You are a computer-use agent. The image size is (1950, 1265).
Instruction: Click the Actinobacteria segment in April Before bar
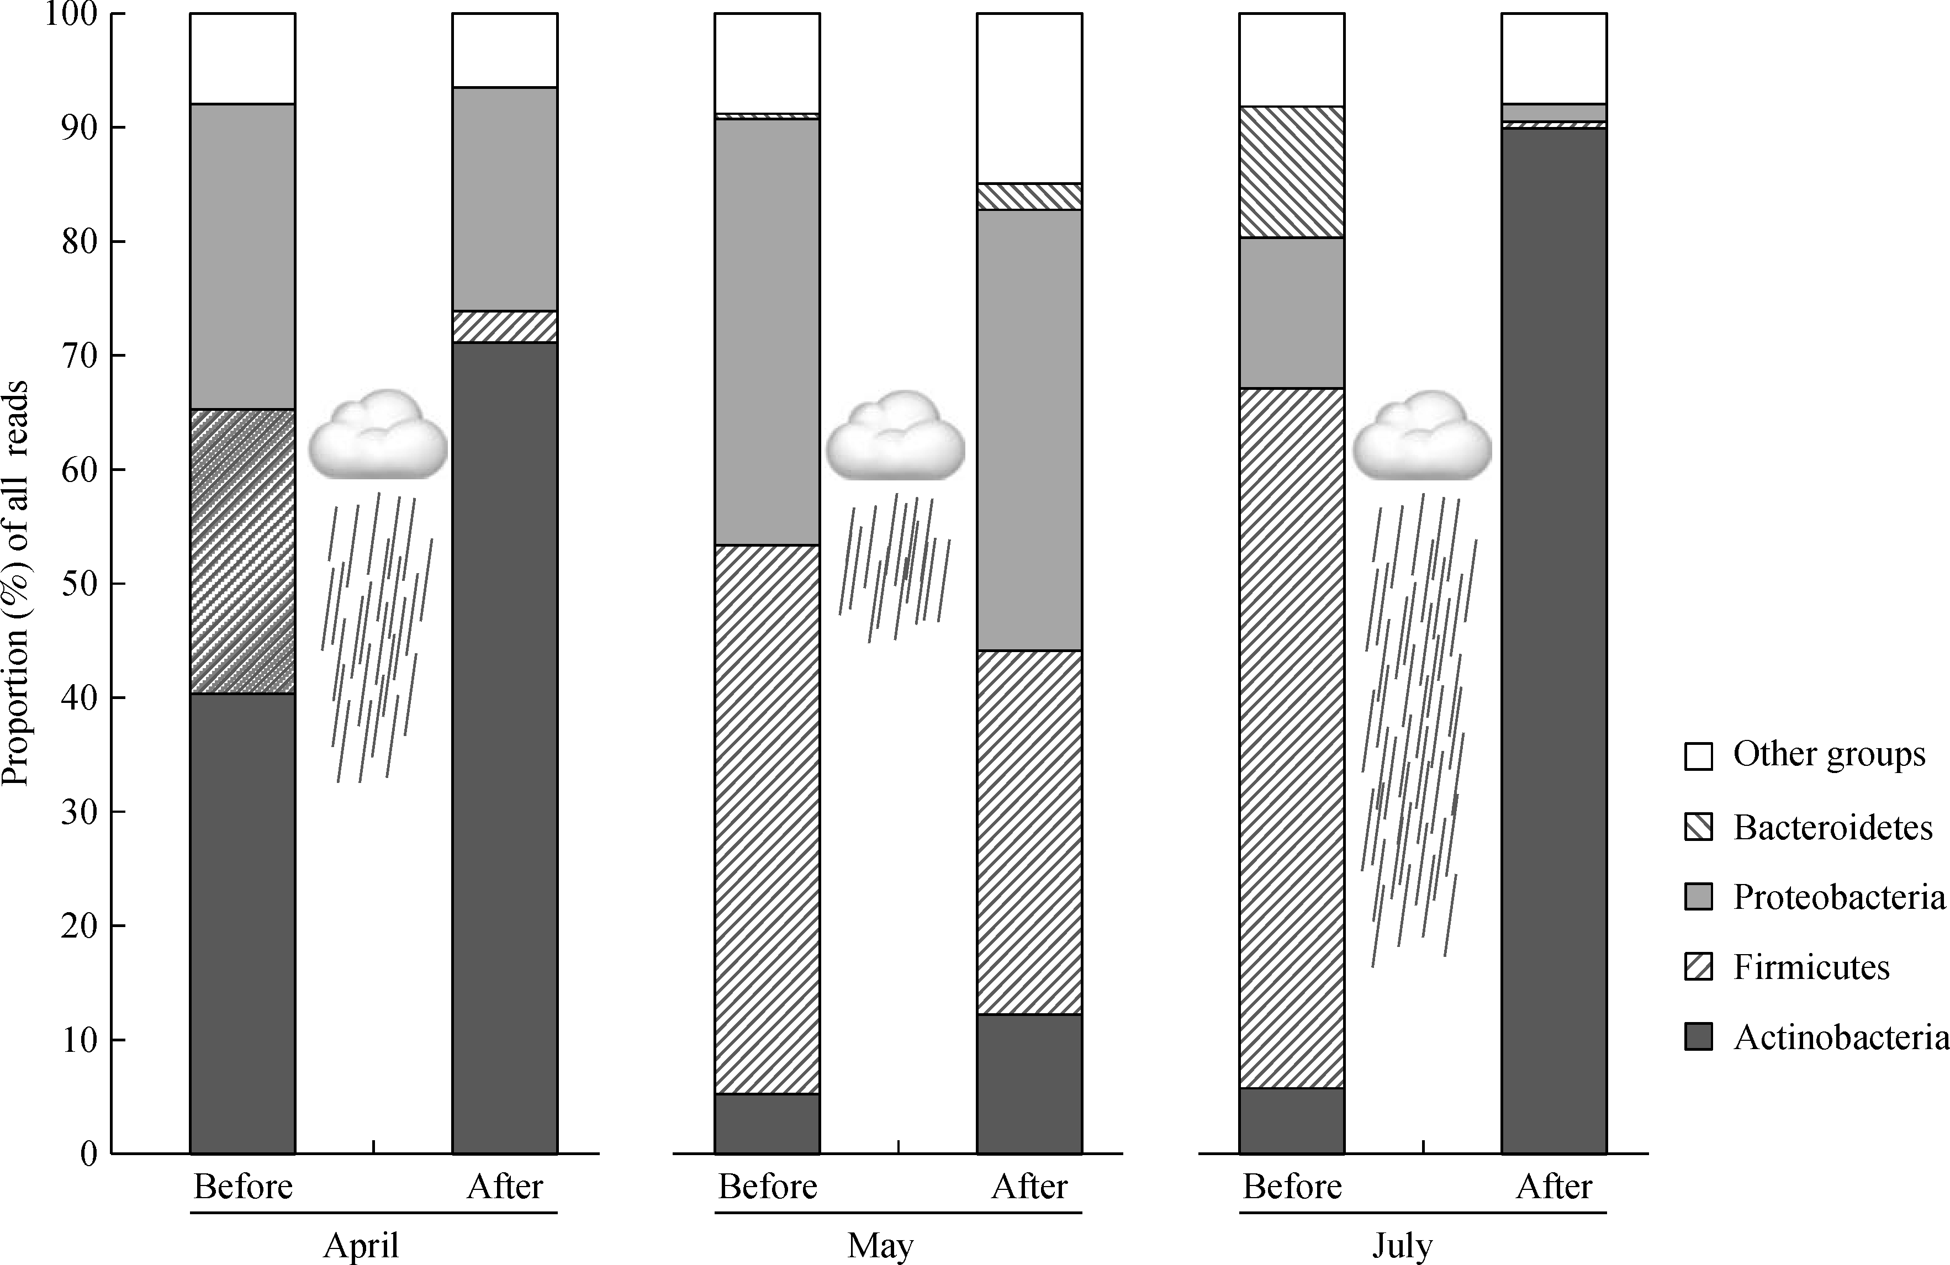coord(242,923)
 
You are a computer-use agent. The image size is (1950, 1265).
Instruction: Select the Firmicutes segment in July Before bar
coord(1291,737)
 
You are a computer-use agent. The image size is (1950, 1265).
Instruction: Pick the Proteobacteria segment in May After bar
coord(1029,430)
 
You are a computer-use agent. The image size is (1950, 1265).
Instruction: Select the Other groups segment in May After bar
coord(1029,98)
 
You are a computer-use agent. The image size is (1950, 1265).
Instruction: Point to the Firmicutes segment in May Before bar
coord(767,819)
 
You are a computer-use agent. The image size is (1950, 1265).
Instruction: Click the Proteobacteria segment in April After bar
coord(505,199)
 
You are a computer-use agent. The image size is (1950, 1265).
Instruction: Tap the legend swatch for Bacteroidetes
coord(1699,827)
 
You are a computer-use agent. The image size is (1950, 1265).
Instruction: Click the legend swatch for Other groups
coord(1699,755)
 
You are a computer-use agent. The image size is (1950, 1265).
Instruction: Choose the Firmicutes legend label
coord(1811,967)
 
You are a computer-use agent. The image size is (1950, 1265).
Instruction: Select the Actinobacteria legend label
coord(1840,1038)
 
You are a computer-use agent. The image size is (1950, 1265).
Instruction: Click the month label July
coord(1403,1246)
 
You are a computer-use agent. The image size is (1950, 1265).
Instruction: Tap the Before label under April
coord(242,1187)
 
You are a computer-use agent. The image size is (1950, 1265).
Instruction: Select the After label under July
coord(1553,1187)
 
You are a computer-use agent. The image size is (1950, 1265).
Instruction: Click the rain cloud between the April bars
coord(378,434)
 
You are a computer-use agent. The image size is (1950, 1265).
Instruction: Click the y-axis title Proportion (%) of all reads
coord(17,583)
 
